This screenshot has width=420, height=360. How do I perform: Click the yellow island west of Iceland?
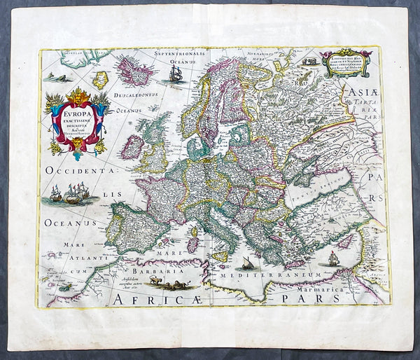tap(101, 79)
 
